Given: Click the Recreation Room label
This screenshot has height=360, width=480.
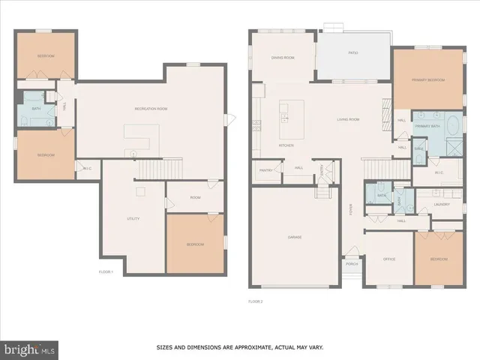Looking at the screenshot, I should [x=151, y=109].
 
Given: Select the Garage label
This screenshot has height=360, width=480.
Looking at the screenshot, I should [x=294, y=237].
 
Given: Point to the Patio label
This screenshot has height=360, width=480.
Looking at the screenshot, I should [x=352, y=53].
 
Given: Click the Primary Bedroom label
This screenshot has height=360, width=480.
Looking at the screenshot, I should [x=427, y=80].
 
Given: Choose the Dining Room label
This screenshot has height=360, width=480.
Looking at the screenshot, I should [x=283, y=58].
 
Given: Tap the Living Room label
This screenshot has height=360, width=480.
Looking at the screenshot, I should [x=348, y=119].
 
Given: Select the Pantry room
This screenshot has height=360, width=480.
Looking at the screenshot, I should [x=265, y=171].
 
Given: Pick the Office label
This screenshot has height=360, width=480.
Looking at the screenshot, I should [x=388, y=259].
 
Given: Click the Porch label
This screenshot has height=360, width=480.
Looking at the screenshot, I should [x=351, y=264].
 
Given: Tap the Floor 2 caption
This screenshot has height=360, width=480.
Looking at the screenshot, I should [x=256, y=301].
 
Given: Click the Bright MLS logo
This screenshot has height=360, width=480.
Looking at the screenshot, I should [x=29, y=349].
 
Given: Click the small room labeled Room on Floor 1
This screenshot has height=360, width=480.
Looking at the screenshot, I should [x=195, y=197].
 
